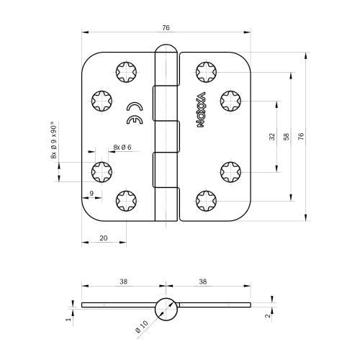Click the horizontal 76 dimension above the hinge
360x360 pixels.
(x=166, y=27)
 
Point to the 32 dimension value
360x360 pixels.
(x=272, y=135)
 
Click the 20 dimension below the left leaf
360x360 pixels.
(x=104, y=237)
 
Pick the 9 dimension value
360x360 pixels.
(x=91, y=192)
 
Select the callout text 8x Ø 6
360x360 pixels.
(x=121, y=147)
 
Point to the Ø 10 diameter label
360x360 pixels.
(x=141, y=328)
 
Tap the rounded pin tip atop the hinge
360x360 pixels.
(x=166, y=50)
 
